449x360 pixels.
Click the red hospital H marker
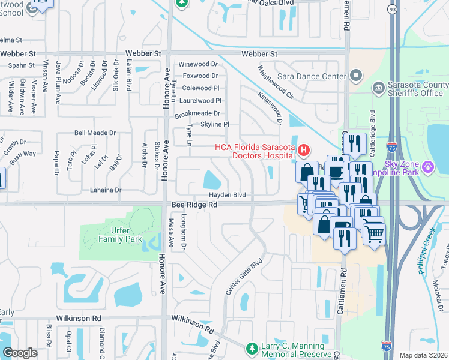coord(304,149)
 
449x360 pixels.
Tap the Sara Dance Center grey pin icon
coord(356,76)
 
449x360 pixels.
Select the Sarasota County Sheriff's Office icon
coord(379,89)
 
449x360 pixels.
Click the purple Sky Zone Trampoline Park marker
coord(427,166)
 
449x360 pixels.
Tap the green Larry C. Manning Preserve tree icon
coord(253,349)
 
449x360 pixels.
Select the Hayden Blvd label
coord(228,195)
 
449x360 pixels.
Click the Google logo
coord(20,353)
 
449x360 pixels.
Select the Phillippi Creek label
coord(426,252)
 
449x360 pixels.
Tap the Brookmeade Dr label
coord(197,113)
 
